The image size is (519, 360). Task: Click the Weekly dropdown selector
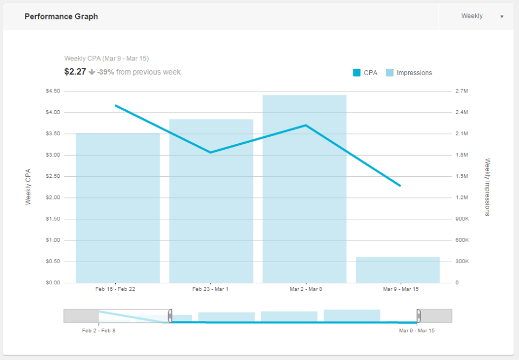(481, 16)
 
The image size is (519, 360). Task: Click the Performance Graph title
(61, 16)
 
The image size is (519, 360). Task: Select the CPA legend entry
(365, 73)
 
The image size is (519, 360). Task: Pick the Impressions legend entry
(409, 73)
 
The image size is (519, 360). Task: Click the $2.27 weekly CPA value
(75, 72)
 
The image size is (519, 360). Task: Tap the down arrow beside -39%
(92, 72)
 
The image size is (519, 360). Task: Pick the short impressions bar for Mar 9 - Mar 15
(398, 270)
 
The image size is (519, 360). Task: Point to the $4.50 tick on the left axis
(53, 91)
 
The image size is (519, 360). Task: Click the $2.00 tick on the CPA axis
(53, 198)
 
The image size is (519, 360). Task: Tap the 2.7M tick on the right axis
(461, 91)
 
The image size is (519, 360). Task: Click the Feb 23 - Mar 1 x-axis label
(210, 289)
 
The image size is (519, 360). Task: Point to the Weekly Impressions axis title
(487, 187)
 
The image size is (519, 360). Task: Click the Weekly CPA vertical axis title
(29, 186)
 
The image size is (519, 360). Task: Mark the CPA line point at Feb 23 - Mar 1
(211, 152)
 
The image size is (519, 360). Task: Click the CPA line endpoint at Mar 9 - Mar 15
(400, 186)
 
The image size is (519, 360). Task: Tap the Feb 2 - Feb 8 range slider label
(99, 330)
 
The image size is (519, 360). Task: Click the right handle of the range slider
(418, 316)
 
